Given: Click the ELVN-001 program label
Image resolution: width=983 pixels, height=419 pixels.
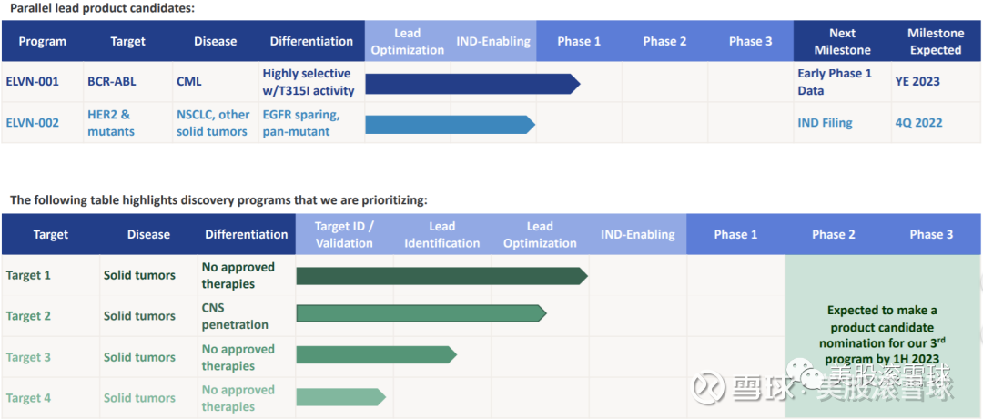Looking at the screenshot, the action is [33, 82].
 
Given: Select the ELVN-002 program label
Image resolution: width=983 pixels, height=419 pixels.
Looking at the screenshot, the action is [33, 122].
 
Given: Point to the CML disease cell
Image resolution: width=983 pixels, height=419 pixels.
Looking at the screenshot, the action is [189, 82].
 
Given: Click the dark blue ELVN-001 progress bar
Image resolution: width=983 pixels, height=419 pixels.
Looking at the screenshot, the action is [472, 84].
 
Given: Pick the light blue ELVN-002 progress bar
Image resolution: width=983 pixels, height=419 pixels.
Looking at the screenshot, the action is [451, 125].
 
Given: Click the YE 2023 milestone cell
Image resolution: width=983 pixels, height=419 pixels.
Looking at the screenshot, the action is [917, 82].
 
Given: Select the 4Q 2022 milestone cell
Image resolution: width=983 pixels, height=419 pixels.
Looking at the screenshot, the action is [918, 122].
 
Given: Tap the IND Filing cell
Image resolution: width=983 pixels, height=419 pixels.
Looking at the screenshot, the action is [825, 122].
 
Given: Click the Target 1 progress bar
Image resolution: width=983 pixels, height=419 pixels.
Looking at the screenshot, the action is [442, 276].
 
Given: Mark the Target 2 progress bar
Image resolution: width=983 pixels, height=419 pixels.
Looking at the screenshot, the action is [421, 313].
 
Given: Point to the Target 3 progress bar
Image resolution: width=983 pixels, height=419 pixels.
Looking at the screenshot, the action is [377, 355].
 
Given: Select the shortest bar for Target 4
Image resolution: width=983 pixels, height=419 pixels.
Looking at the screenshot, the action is [341, 397].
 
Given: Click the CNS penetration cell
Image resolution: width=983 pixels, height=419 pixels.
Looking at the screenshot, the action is [235, 316].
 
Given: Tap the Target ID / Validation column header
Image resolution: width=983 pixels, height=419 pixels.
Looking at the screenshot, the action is [344, 235].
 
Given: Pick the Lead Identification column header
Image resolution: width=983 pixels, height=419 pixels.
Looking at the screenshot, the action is [442, 235].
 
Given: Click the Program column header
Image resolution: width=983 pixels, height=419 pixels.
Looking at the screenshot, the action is [43, 41].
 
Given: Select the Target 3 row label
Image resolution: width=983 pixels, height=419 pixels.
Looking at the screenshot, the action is [28, 357].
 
